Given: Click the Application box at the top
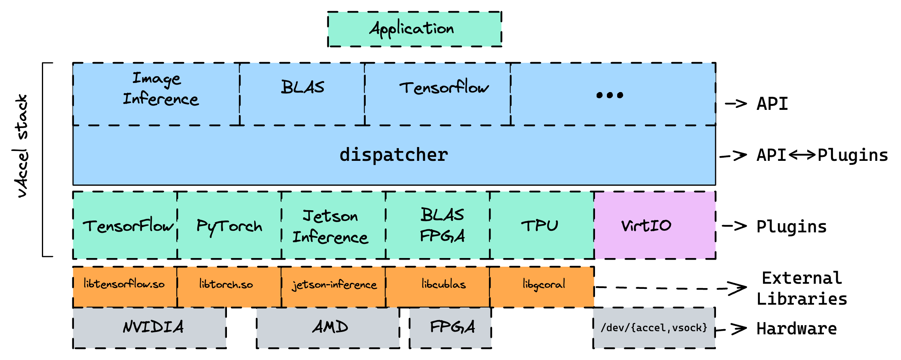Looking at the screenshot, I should pos(414,29).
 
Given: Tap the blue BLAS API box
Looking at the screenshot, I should pos(302,94).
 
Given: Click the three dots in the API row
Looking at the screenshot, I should pos(610,95).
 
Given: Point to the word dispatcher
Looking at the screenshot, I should pos(394,155).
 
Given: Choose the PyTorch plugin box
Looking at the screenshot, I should pos(229,226).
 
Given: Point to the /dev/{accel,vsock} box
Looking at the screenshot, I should pos(654,328).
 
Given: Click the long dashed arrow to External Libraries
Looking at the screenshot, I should pos(668,288).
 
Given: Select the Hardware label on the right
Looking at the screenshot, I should pos(796,329).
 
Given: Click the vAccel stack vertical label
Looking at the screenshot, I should pos(21,146).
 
